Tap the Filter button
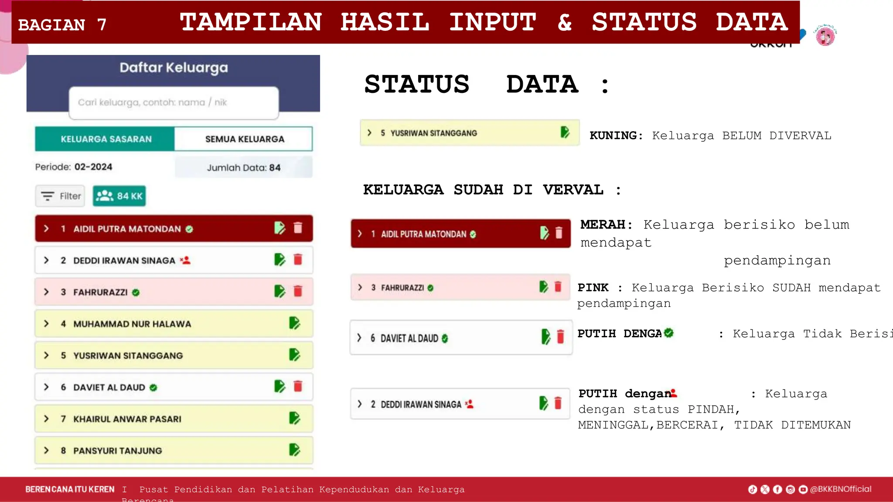coord(61,196)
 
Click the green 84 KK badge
coord(119,196)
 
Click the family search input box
coord(174,102)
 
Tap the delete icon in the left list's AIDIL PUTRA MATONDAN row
coord(298,228)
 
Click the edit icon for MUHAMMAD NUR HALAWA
coord(294,323)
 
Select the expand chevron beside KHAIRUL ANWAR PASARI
coord(46,419)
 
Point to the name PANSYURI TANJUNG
coord(117,451)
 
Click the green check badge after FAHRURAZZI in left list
coord(136,292)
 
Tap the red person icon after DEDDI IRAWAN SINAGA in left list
coord(185,261)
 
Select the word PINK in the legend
coord(593,288)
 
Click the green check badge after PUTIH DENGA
coord(668,333)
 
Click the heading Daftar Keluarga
coord(174,68)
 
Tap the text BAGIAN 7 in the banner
coord(62,25)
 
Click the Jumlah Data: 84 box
coord(243,167)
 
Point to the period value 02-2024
coord(93,167)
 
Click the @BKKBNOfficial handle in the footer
coord(840,489)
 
